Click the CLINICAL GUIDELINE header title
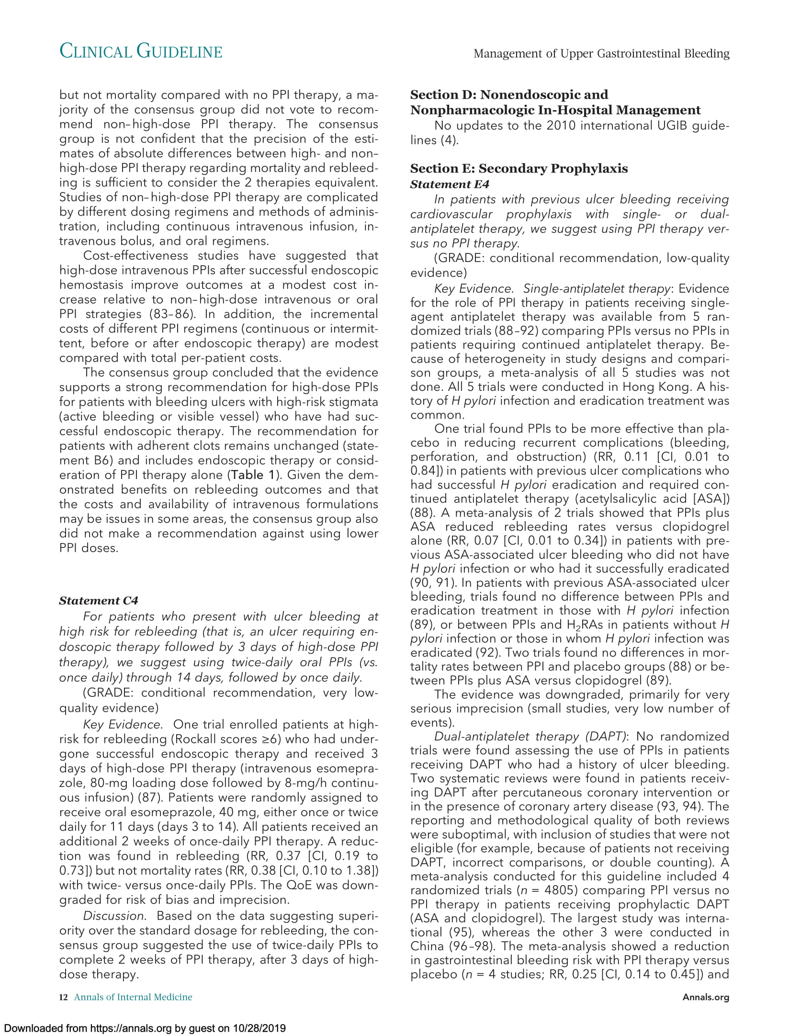[x=141, y=52]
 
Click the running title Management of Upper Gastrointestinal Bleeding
[x=601, y=53]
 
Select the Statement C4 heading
[x=99, y=601]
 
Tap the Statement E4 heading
[x=450, y=184]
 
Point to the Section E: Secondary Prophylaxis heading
[x=519, y=169]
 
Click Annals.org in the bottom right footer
[x=706, y=998]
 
